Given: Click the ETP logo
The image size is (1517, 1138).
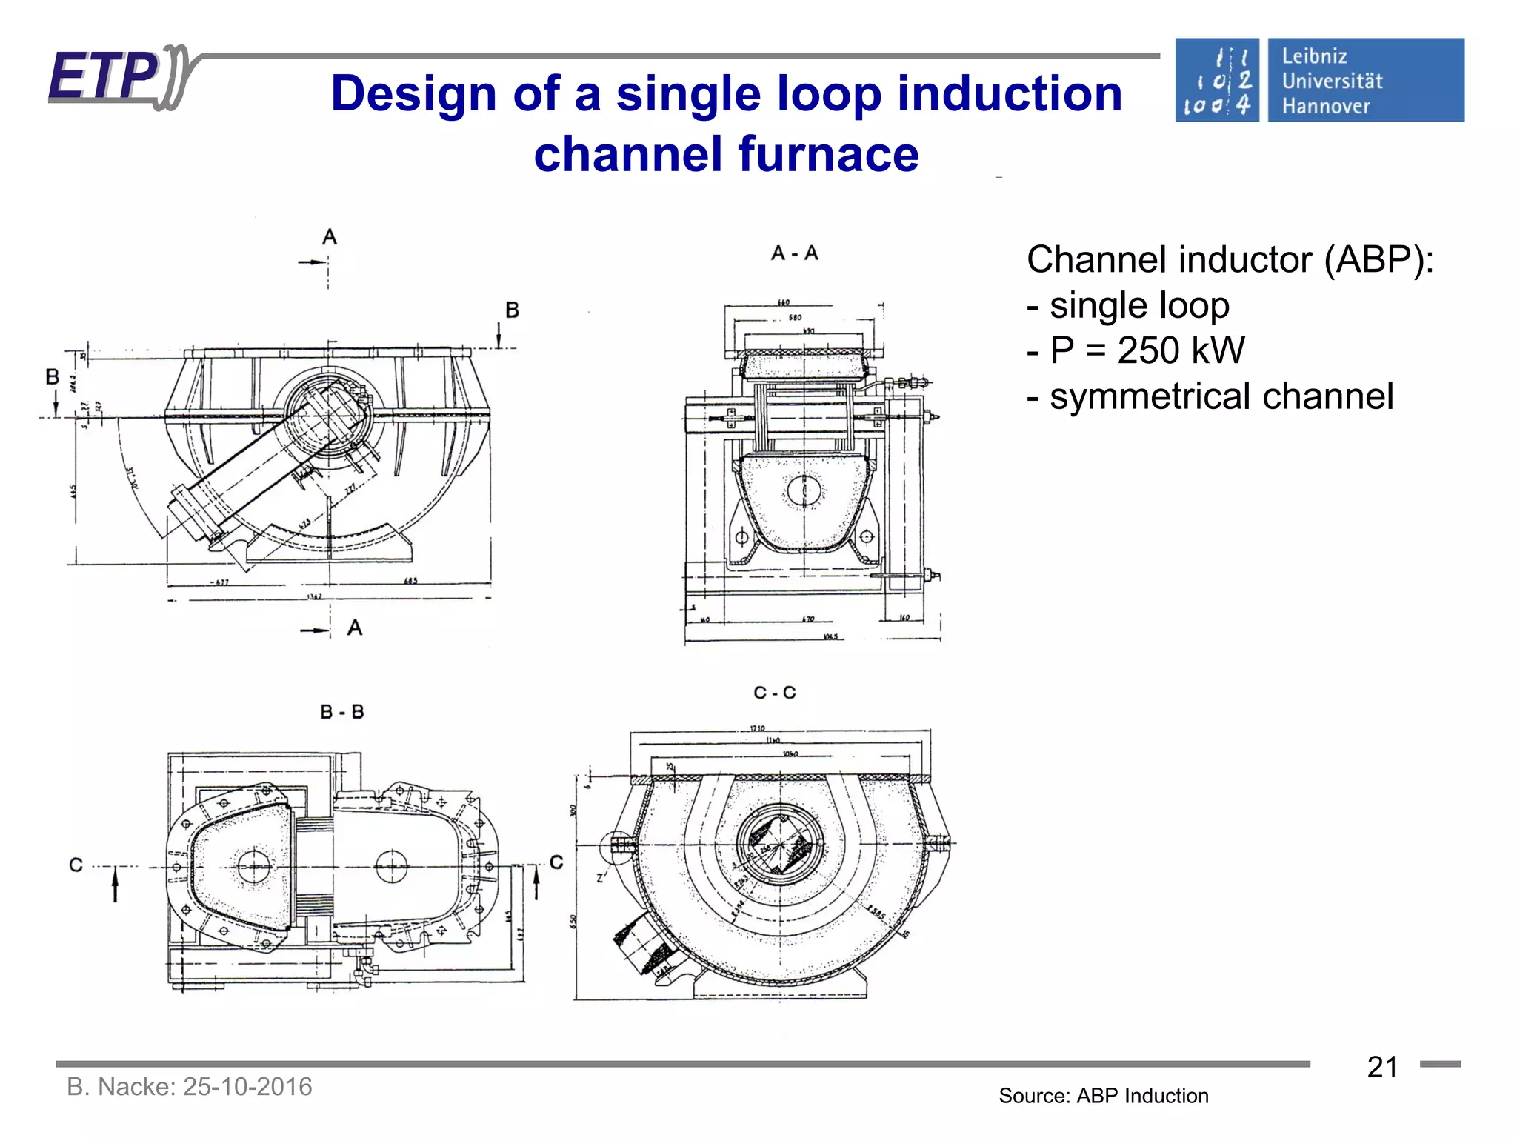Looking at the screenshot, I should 119,77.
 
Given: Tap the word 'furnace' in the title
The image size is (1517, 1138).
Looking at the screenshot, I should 828,154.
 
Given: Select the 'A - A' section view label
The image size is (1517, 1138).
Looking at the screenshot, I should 794,253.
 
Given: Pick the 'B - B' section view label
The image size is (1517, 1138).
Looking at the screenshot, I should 341,712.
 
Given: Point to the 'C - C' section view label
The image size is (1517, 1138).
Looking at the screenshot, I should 774,693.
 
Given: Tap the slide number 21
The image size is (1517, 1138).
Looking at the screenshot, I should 1382,1067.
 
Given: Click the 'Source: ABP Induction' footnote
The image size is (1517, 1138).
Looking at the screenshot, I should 1103,1096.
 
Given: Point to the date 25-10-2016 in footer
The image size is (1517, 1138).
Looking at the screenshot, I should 247,1086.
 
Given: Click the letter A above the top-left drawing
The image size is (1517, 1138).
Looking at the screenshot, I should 330,237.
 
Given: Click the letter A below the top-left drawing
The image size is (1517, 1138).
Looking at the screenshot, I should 355,628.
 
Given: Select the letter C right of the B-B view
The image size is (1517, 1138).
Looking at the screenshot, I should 556,862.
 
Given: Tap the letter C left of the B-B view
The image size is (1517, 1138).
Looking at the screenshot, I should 76,865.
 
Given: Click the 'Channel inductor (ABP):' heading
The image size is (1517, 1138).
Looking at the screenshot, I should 1230,259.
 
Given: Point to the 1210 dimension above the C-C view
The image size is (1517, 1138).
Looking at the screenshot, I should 757,728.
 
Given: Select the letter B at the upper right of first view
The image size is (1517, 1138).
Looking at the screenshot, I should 512,310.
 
